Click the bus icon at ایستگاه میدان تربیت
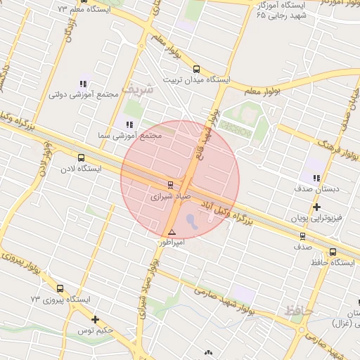196,69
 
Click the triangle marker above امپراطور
172,232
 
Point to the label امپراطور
172,242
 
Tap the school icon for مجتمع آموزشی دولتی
84,83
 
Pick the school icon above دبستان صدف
316,178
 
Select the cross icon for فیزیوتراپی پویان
317,207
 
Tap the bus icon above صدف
303,236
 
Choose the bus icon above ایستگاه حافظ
333,252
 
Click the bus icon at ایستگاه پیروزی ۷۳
59,288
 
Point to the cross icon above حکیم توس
95,319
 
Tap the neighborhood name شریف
137,89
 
